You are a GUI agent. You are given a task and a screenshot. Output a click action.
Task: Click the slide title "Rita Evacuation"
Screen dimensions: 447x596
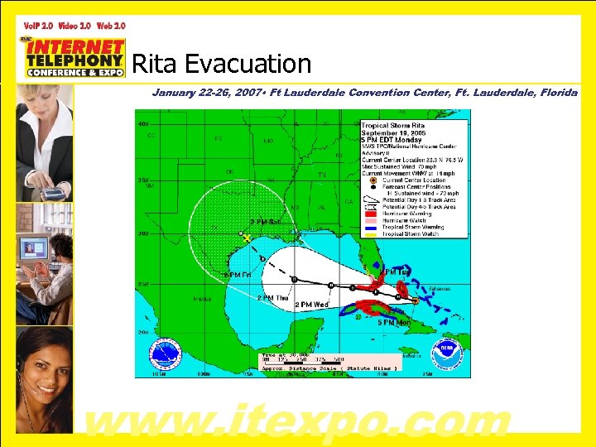(x=221, y=64)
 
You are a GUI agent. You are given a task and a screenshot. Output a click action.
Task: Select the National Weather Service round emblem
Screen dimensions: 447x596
(x=164, y=353)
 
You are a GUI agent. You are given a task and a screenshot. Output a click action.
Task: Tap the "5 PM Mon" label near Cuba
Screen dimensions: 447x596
(x=393, y=322)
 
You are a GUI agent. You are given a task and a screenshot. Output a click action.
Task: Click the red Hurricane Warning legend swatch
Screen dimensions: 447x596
(x=372, y=214)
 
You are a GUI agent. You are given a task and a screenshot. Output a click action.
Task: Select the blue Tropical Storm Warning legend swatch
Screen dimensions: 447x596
(x=372, y=227)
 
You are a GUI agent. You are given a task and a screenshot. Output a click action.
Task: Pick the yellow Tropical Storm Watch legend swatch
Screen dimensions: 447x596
(x=372, y=233)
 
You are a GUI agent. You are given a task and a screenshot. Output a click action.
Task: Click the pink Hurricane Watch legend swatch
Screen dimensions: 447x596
(x=372, y=220)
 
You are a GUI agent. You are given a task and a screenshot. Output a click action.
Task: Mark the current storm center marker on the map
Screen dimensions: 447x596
(x=415, y=300)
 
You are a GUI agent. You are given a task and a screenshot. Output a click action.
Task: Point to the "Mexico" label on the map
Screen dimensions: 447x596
(x=201, y=299)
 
